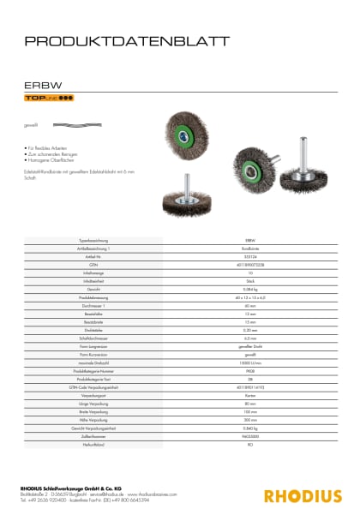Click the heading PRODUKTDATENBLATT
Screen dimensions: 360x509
[127, 40]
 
